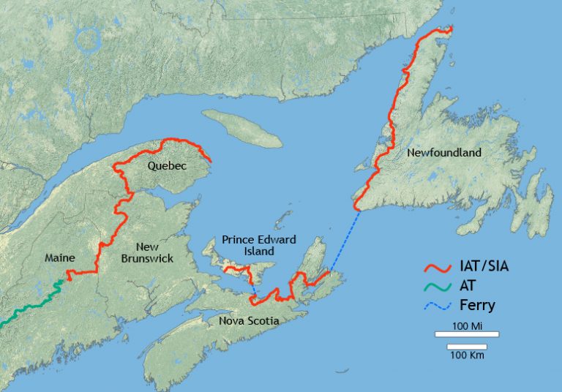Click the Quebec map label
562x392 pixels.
point(167,166)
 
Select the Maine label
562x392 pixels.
point(60,258)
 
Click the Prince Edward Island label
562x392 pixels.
point(249,245)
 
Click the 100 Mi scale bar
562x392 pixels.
point(467,334)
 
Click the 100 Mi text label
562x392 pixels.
point(467,325)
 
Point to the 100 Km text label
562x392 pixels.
point(467,355)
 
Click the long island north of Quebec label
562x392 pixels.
point(241,128)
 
